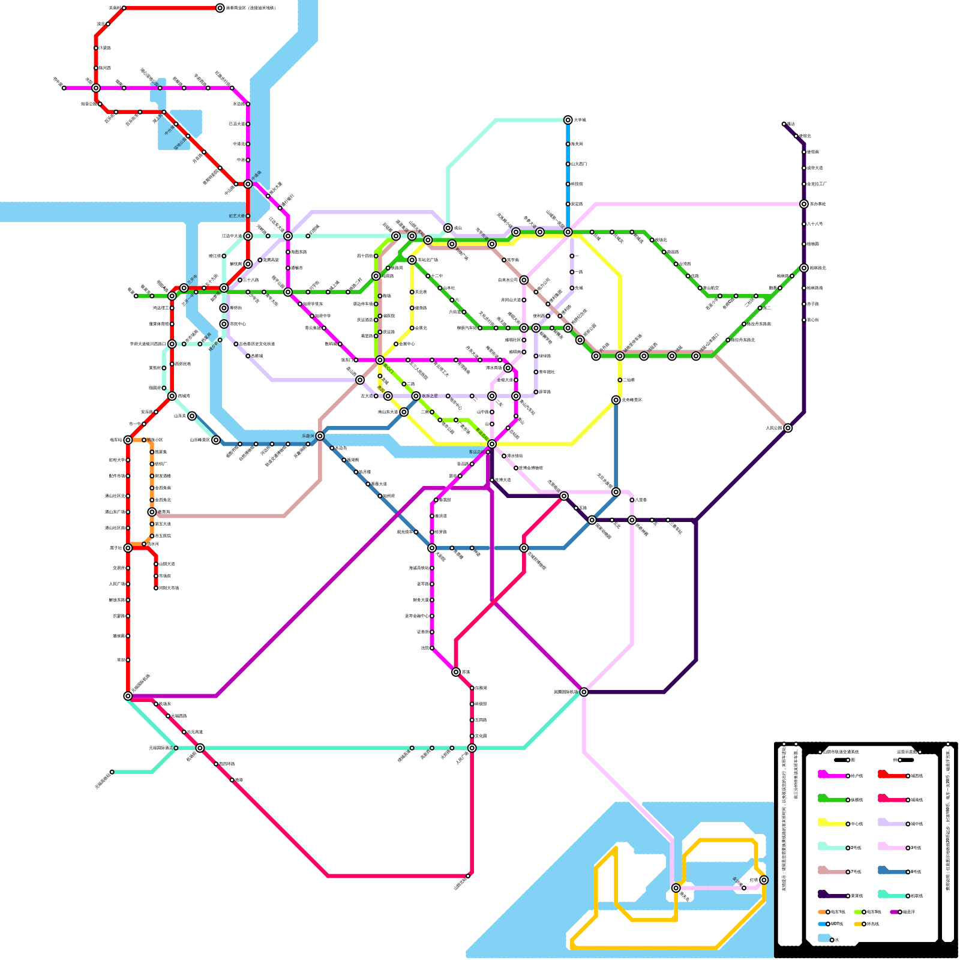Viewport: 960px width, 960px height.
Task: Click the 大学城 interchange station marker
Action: tap(568, 120)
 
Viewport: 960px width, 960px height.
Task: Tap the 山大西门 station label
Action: tap(578, 164)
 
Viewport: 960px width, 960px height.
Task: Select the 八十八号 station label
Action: tap(815, 224)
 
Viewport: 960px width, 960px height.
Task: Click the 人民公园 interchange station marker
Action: tap(788, 428)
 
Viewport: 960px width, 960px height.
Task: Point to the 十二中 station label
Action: tap(437, 276)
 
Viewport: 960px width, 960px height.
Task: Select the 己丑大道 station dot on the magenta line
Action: tap(248, 124)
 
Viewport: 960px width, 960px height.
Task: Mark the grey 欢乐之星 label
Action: tap(430, 396)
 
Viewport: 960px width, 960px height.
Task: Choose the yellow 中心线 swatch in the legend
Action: tap(832, 823)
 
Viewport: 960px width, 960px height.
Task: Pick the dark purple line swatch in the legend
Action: tap(832, 895)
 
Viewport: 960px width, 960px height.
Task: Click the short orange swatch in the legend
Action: tap(823, 912)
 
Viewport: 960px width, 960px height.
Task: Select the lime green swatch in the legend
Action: tap(858, 912)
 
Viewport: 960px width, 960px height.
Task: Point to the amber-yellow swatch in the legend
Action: tap(858, 924)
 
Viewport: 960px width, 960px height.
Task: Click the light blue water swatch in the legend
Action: tap(824, 938)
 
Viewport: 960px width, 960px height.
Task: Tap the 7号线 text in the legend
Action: tap(856, 872)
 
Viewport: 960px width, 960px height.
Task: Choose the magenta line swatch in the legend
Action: tap(832, 775)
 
